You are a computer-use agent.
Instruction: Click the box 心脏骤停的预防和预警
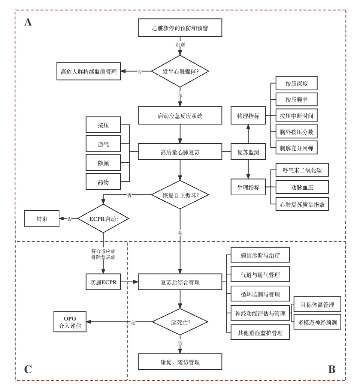pos(180,28)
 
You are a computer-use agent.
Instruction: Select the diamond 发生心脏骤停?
pos(180,71)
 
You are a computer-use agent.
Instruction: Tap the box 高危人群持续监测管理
pos(89,71)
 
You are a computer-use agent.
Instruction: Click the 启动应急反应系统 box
pos(180,115)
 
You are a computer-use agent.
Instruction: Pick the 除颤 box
pos(103,163)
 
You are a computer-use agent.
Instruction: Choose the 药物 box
pos(103,182)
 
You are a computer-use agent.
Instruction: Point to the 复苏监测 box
pos(248,152)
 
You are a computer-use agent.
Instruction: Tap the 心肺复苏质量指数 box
pos(302,205)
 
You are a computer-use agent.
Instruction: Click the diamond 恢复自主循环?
pos(180,195)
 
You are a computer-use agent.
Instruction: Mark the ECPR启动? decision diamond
pos(103,218)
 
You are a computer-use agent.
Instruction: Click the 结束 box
pos(42,219)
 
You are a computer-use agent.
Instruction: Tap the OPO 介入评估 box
pos(70,322)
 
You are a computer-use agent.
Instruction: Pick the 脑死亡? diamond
pos(180,322)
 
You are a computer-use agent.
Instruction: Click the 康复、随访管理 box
pos(180,362)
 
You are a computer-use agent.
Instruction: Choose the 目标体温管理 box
pos(317,304)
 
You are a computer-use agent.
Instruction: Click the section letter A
pos(28,22)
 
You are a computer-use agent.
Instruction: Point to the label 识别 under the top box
pos(180,45)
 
